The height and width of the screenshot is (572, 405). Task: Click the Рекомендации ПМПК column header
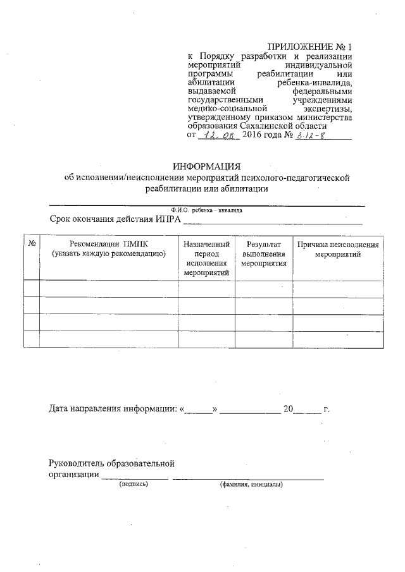pos(108,248)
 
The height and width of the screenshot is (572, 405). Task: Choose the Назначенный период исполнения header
pos(206,258)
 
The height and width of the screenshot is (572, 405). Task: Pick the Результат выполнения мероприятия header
pos(264,253)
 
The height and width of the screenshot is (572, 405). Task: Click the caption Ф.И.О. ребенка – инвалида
pos(206,210)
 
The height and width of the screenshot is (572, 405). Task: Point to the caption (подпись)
pos(134,485)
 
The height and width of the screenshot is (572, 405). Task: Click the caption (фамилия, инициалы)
pos(251,485)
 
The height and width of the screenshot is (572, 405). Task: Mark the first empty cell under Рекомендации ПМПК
pos(108,289)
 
